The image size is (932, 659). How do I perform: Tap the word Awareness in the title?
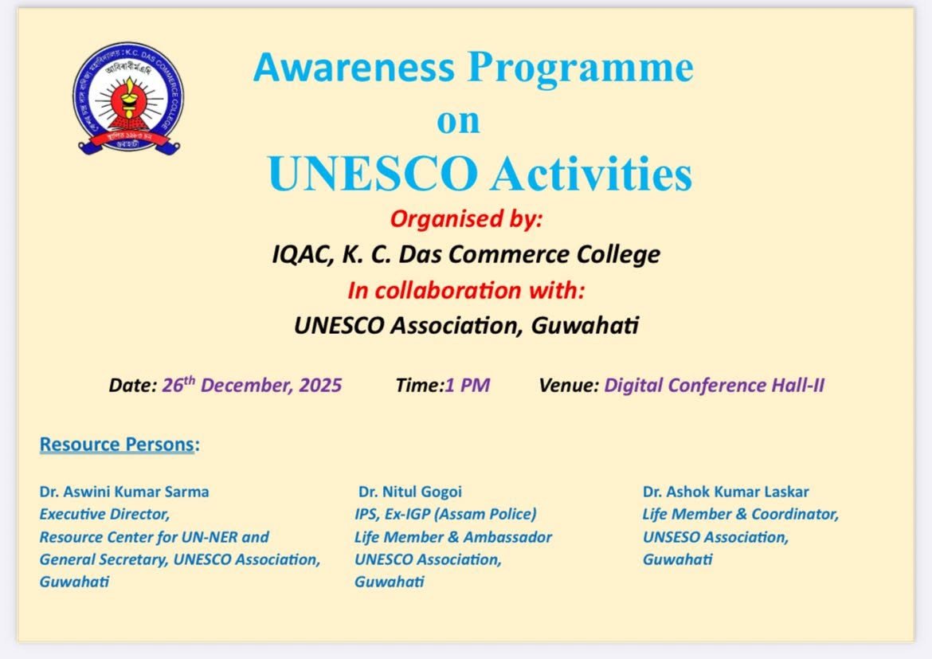tap(354, 67)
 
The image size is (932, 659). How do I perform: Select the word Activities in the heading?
tap(592, 174)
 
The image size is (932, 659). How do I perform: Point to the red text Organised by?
tap(467, 219)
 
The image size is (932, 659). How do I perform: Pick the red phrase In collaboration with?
tap(467, 290)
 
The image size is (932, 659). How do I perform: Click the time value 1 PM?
tap(467, 386)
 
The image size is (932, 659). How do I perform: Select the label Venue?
tap(569, 386)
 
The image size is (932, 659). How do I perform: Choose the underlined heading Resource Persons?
tap(117, 445)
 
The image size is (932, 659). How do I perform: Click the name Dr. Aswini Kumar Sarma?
tap(124, 492)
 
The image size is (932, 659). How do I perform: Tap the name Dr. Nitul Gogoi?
tap(409, 492)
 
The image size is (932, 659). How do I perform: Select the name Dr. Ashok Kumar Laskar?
tap(726, 492)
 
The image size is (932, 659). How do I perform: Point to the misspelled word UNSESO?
tap(672, 537)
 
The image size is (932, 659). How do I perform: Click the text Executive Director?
tap(104, 515)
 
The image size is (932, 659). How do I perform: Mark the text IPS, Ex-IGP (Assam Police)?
tap(445, 515)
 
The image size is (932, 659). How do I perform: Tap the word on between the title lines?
tap(458, 122)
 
